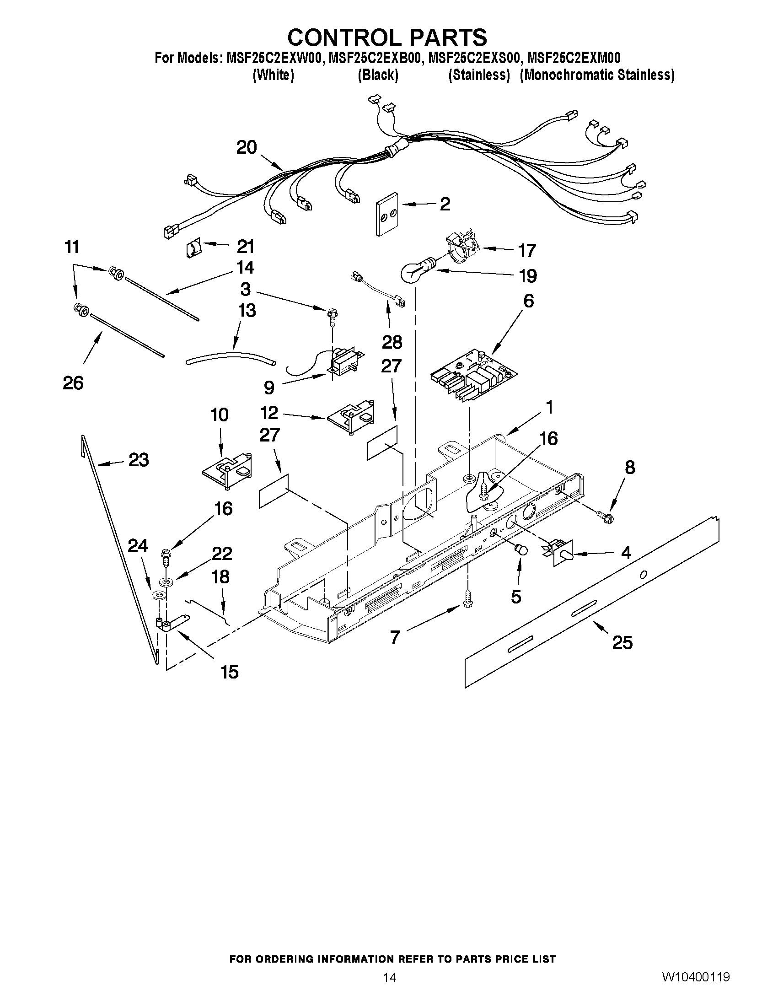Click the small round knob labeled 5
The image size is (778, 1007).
click(521, 549)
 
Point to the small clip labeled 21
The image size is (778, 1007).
click(193, 249)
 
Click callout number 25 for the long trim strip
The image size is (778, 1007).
click(622, 643)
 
